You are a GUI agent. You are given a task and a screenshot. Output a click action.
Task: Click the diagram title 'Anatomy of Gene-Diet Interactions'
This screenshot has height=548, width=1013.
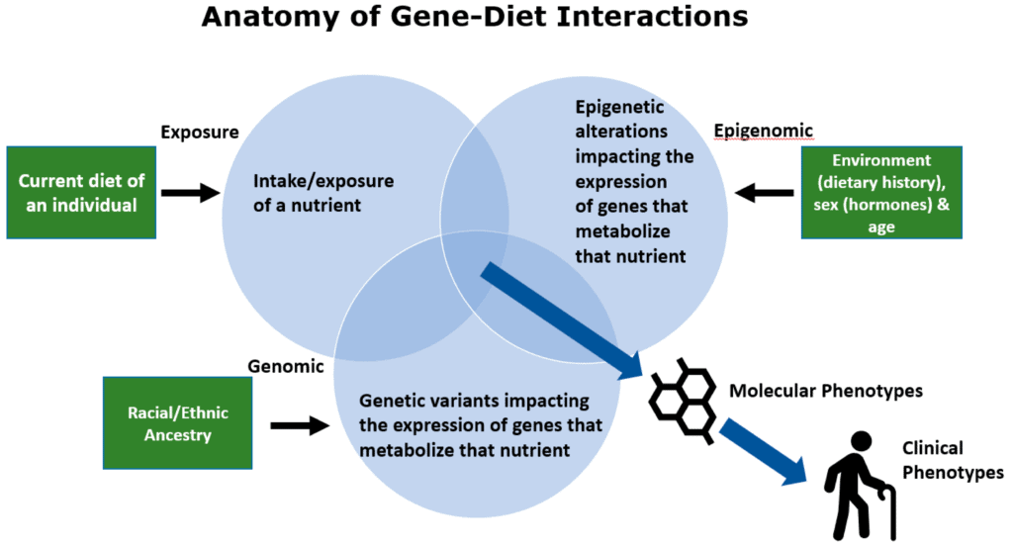tap(475, 16)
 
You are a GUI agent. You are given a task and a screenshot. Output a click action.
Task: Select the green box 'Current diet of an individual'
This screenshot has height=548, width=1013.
tap(81, 193)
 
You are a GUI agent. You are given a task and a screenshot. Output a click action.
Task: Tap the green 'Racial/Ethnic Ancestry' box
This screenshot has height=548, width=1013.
tap(178, 423)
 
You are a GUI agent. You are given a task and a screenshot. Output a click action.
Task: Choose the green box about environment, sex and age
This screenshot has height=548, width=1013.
tap(881, 193)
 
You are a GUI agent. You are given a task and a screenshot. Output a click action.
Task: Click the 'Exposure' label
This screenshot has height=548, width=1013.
tap(200, 132)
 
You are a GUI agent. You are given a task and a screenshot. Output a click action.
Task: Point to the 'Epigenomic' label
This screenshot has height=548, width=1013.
tap(763, 131)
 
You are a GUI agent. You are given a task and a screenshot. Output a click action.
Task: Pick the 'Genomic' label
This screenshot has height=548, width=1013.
tap(286, 366)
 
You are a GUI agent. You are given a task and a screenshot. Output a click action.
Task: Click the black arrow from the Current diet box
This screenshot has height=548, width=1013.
tap(191, 193)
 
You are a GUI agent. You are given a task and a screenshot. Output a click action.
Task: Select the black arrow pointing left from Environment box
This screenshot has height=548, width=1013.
tap(765, 193)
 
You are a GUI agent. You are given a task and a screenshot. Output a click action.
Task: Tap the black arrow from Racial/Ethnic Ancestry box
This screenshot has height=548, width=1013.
tap(300, 425)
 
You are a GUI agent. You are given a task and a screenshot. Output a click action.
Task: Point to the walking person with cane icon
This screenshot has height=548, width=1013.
tap(860, 486)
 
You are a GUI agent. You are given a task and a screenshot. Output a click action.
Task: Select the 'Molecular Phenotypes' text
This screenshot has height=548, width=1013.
tap(826, 391)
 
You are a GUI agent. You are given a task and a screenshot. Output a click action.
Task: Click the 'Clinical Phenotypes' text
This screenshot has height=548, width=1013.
tap(953, 460)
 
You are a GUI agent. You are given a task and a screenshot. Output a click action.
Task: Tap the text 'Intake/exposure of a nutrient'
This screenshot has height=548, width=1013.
tap(323, 193)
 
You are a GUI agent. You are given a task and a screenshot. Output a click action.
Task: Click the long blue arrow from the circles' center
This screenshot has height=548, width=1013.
tap(562, 320)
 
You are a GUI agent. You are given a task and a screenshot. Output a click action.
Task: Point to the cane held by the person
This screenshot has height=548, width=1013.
tap(887, 510)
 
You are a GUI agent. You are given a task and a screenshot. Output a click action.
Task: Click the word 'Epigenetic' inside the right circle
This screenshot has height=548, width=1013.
tap(610, 107)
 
